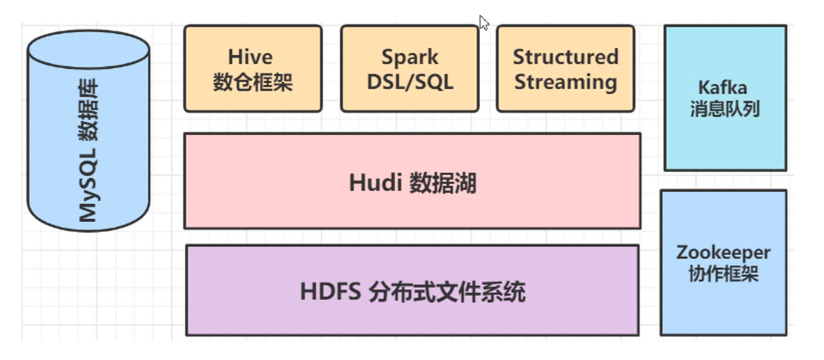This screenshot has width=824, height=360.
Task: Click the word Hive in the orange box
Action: point(250,56)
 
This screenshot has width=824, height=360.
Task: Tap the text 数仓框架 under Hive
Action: point(252,83)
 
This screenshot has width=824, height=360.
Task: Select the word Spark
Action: point(409,56)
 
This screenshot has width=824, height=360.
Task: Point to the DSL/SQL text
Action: point(410,83)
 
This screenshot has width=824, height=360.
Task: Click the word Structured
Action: point(565,56)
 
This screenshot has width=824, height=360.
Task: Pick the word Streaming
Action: point(565,82)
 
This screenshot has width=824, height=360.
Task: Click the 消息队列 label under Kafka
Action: point(724,109)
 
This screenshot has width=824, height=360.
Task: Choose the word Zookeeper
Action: point(723,252)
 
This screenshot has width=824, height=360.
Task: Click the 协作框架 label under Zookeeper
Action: point(723,273)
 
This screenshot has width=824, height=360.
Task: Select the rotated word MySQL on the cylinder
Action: point(88,186)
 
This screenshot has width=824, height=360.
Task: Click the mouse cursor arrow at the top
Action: point(483,22)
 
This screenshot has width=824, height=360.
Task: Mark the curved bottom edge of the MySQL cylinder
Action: point(88,230)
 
